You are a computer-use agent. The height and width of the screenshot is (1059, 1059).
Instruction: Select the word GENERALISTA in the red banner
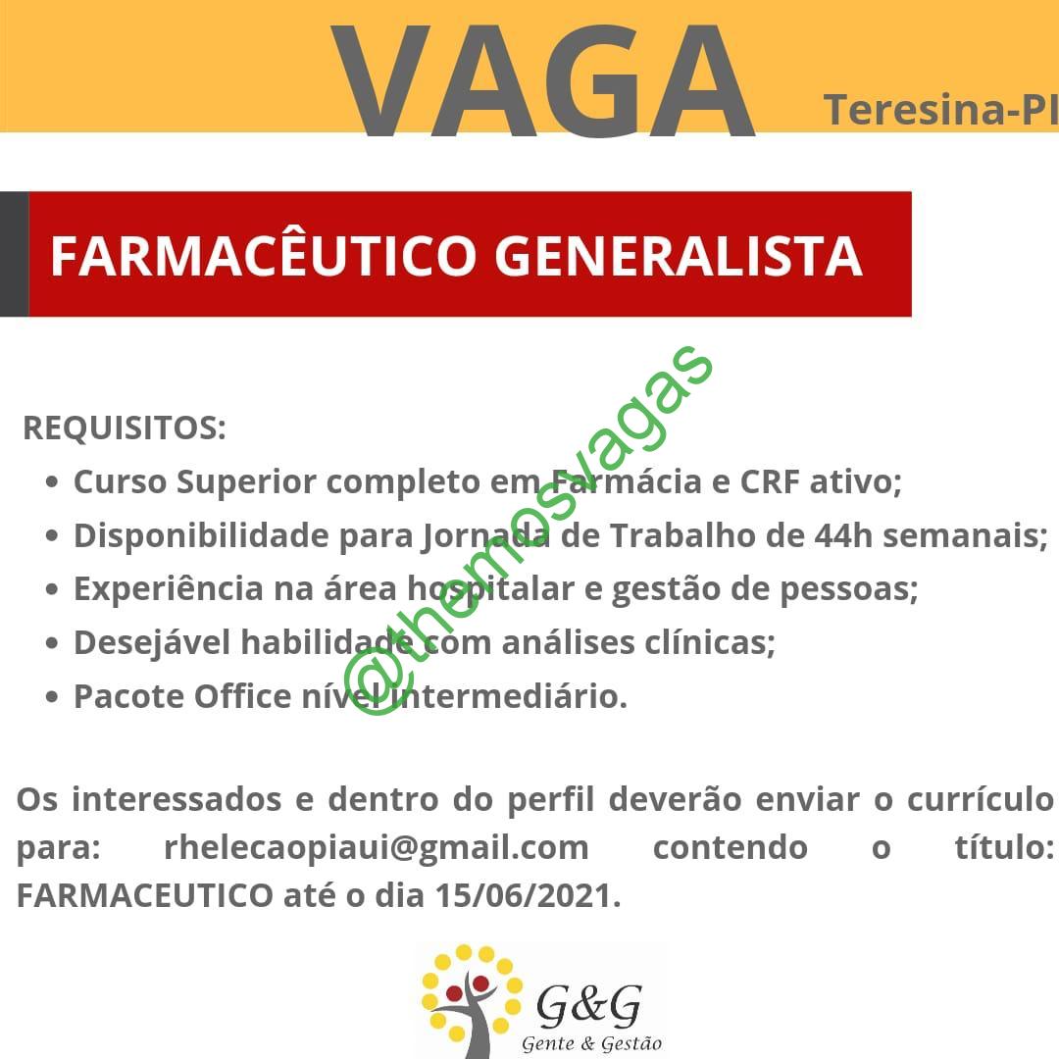click(679, 256)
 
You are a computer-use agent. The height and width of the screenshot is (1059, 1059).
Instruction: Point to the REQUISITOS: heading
click(125, 428)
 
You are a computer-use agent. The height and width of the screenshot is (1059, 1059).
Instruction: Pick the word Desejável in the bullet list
click(152, 642)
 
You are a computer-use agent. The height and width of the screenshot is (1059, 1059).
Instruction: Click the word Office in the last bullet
click(242, 695)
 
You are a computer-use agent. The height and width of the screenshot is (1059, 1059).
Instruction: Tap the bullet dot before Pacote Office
click(52, 697)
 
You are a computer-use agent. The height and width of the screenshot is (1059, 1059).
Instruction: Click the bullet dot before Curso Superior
click(52, 482)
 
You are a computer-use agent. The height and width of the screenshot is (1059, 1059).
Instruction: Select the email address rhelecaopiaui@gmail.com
click(377, 847)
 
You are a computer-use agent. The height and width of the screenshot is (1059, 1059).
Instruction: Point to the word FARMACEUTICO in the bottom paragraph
click(144, 895)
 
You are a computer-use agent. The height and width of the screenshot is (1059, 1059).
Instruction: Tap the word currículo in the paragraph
click(980, 800)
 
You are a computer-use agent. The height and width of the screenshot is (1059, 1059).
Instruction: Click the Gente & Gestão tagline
click(591, 1043)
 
